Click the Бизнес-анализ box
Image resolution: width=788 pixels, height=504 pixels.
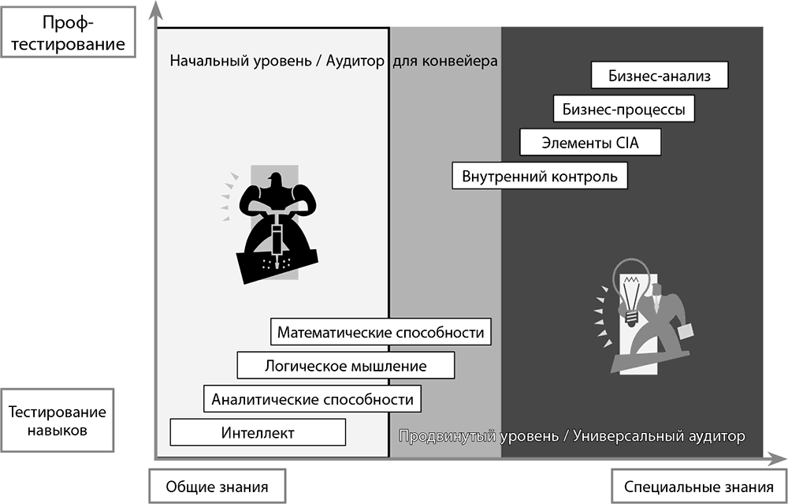(x=660, y=76)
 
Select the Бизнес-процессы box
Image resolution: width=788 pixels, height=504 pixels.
(x=623, y=109)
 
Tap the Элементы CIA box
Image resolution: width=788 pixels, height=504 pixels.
(x=590, y=142)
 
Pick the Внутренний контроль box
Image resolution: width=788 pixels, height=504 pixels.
(x=540, y=176)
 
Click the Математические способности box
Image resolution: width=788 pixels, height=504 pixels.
(x=381, y=332)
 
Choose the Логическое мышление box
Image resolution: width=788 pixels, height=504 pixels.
(x=346, y=365)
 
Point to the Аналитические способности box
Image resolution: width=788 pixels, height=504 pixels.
(x=312, y=399)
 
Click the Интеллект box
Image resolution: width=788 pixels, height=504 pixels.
(x=258, y=432)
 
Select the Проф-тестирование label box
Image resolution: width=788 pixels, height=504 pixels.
(x=68, y=32)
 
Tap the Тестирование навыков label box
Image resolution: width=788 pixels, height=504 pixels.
(x=57, y=420)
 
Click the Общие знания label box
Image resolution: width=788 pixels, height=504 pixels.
(x=217, y=487)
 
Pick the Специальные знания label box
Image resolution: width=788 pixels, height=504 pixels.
(x=699, y=487)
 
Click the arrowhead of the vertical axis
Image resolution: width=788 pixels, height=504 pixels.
(x=156, y=9)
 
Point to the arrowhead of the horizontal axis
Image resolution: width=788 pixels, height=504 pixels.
(x=778, y=458)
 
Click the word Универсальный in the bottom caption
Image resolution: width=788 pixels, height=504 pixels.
(x=623, y=435)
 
